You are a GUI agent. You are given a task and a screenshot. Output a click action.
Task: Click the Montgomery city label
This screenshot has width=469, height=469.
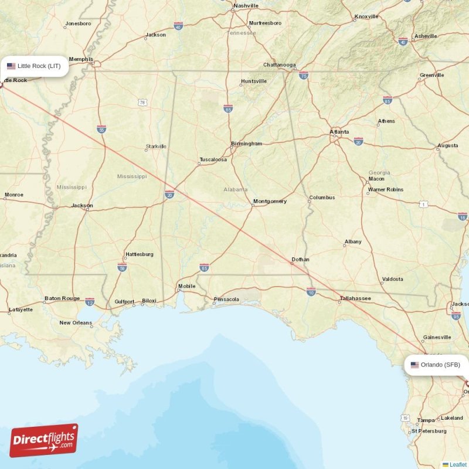(270, 202)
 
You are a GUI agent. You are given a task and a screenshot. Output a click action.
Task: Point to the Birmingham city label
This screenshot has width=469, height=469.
(246, 144)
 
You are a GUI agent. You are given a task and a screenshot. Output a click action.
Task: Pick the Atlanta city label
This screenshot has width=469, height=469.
(339, 132)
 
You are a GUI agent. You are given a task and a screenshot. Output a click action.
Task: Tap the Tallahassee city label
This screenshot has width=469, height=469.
(355, 298)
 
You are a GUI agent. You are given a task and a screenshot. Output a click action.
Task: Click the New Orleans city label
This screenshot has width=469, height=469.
(76, 323)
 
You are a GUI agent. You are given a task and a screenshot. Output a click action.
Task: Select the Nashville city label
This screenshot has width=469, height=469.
(246, 6)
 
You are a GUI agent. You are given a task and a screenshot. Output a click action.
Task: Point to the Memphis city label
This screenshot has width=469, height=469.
(81, 59)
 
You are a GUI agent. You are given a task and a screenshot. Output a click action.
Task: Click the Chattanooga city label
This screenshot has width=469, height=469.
(280, 65)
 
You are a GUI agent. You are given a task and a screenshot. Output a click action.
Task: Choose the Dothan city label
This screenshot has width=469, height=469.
(300, 260)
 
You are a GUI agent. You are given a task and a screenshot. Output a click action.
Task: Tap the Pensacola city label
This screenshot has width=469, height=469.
(226, 300)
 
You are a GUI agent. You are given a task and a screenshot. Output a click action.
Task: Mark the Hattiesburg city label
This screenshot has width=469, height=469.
(140, 254)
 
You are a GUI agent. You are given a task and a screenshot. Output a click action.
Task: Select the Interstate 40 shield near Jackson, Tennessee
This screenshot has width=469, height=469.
(178, 26)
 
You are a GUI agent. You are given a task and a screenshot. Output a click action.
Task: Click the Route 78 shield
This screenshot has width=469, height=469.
(142, 103)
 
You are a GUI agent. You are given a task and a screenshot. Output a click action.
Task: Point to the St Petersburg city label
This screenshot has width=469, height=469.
(429, 431)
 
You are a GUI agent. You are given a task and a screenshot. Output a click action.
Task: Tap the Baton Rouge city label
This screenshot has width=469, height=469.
(62, 298)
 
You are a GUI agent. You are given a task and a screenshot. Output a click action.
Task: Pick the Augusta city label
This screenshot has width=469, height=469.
(448, 145)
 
